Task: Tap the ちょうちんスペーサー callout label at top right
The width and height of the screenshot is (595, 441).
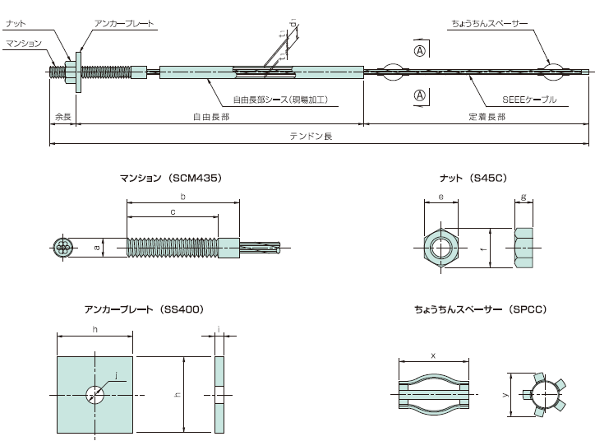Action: coord(490,25)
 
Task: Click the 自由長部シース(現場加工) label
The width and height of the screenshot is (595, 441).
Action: coord(279,99)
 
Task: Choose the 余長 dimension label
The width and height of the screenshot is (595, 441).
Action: coord(63,118)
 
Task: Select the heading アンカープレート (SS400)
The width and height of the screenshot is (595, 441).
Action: coord(143,309)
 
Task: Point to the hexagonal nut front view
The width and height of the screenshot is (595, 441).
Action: coord(443,246)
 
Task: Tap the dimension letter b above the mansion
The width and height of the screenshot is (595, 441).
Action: coord(182,197)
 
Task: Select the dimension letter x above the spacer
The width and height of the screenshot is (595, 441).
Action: coord(433,355)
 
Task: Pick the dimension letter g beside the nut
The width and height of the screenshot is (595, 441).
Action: coord(524,197)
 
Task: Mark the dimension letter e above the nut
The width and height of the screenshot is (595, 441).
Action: coord(442,197)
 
